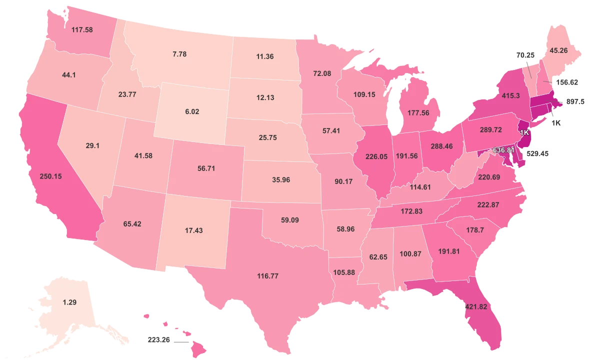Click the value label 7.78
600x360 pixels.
[179, 54]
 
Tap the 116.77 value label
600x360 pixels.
[268, 276]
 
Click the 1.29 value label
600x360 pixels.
[69, 302]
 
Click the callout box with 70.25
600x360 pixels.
[525, 55]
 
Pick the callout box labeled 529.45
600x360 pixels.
[539, 154]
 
